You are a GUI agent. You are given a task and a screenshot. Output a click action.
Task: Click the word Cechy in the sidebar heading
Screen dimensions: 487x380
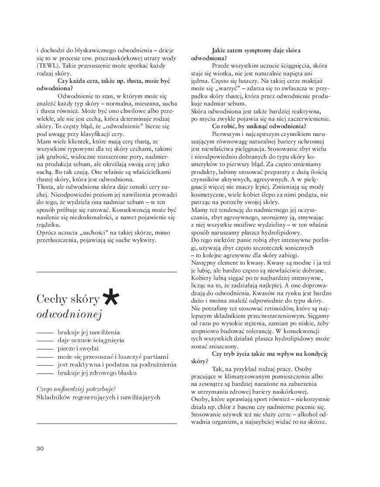51,300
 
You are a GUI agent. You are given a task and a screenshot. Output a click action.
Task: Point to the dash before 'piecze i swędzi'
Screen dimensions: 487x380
45,348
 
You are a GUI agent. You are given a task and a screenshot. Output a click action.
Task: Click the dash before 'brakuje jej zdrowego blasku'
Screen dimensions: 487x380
45,373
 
